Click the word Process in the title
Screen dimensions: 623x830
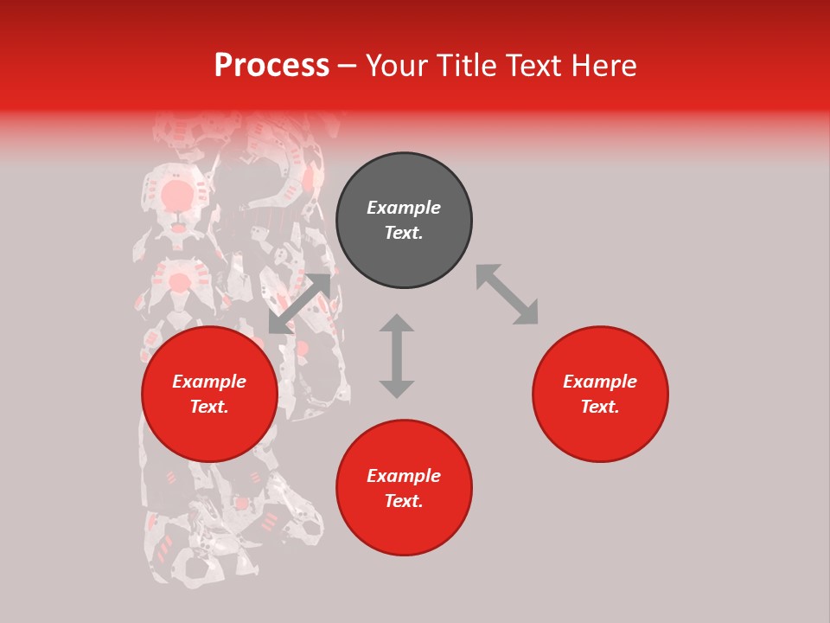tap(271, 66)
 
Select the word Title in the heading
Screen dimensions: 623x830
tap(466, 66)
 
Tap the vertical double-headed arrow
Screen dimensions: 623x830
tap(397, 356)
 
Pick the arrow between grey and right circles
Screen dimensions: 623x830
tap(507, 294)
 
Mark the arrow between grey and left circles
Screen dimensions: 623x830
tap(299, 304)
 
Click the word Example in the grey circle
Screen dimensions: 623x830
tap(404, 208)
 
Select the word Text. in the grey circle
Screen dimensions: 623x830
tap(404, 233)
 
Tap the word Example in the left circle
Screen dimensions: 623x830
tap(209, 382)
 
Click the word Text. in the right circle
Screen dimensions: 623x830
tap(600, 407)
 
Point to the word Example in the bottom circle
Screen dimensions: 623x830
tap(404, 476)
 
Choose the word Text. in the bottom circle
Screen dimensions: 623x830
tap(404, 501)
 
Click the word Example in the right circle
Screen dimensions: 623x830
tap(600, 382)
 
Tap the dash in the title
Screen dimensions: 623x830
tap(348, 66)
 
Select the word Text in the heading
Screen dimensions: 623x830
tap(530, 66)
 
